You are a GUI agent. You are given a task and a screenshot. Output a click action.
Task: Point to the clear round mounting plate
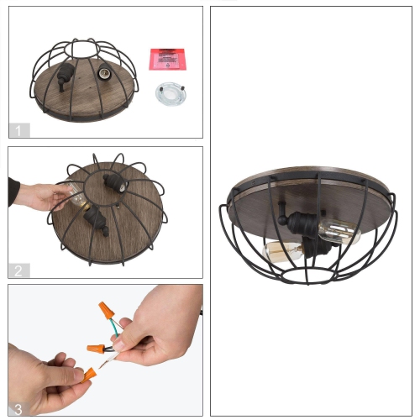click(x=171, y=94)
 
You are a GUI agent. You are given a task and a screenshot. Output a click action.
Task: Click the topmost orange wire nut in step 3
click(x=106, y=311)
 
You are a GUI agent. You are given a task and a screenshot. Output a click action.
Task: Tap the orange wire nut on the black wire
click(x=96, y=345)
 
